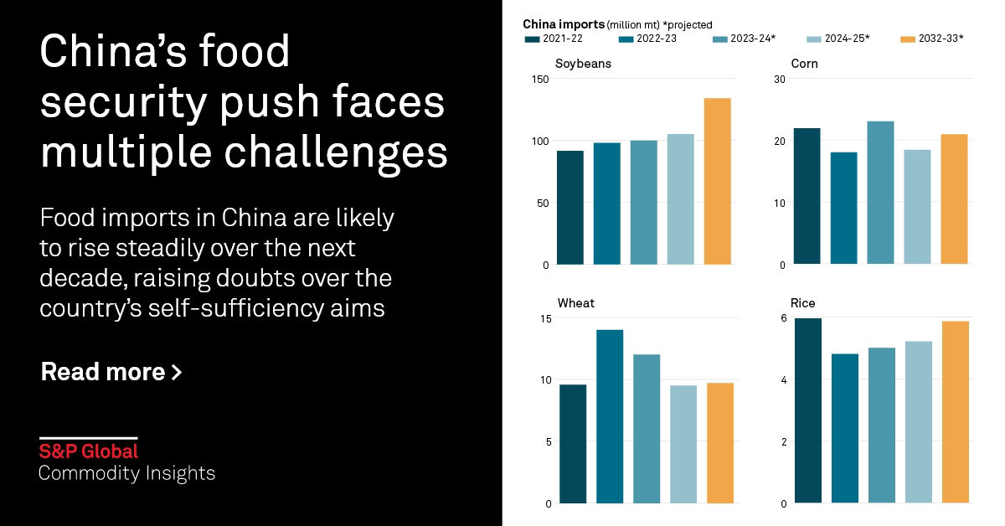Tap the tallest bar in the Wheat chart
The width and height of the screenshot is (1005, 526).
tap(610, 416)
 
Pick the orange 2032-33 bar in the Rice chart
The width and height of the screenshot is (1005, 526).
tap(955, 412)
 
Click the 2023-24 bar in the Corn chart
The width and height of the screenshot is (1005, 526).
tap(881, 193)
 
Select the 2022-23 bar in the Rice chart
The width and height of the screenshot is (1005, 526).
tap(844, 428)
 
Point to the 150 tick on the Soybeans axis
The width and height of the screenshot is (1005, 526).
tap(539, 79)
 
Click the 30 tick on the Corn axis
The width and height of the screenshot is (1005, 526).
tap(779, 79)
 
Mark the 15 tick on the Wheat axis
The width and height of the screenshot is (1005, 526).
tap(545, 318)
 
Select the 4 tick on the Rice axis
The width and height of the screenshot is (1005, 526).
tap(782, 380)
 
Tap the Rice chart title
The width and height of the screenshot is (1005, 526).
tap(802, 303)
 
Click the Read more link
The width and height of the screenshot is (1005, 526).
tap(111, 372)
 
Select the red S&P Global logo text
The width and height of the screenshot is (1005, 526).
tap(88, 451)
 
